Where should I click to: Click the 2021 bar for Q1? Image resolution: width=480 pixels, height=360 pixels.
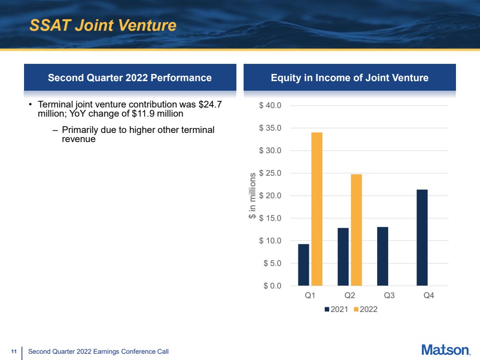(304, 265)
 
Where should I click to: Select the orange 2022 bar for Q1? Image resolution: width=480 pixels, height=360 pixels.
(317, 209)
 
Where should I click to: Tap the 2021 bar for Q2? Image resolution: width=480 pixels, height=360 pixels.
(343, 257)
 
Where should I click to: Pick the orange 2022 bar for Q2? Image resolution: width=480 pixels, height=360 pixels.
(356, 230)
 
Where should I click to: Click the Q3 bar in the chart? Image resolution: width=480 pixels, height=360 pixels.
(382, 256)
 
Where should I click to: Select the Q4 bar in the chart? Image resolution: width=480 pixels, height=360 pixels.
(422, 238)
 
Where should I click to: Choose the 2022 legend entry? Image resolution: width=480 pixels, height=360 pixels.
(366, 310)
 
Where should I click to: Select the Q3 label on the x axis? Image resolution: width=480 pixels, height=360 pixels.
(389, 296)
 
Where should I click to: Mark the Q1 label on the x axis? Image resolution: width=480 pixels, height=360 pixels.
(310, 296)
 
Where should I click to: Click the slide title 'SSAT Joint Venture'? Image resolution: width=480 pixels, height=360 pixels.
(103, 25)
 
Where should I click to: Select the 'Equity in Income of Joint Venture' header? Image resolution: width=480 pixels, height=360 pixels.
(350, 77)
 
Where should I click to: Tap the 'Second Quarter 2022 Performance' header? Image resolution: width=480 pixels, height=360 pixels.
(130, 77)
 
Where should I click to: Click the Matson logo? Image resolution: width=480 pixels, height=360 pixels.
(445, 350)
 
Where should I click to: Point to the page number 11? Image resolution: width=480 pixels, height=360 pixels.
(14, 352)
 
